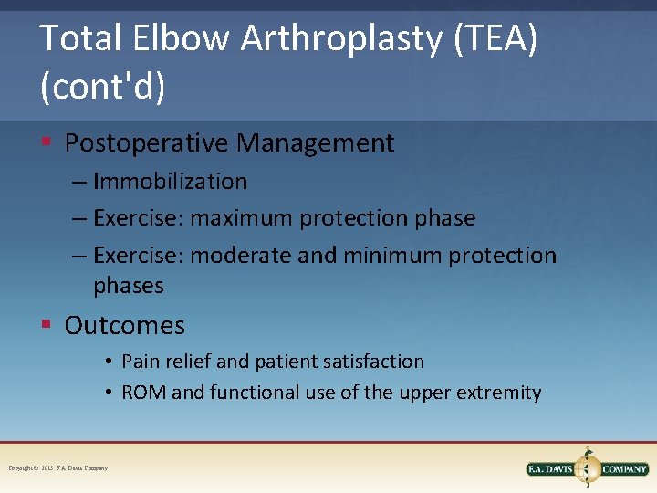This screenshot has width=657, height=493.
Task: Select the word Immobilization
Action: coord(170,182)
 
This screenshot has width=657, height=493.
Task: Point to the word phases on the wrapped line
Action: coord(128,286)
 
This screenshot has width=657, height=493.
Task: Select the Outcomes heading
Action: coord(124,326)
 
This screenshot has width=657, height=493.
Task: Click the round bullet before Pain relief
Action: coord(108,362)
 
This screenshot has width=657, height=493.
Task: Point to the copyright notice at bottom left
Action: coord(58,468)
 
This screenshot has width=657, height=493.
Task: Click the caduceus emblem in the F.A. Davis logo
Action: coord(588,467)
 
